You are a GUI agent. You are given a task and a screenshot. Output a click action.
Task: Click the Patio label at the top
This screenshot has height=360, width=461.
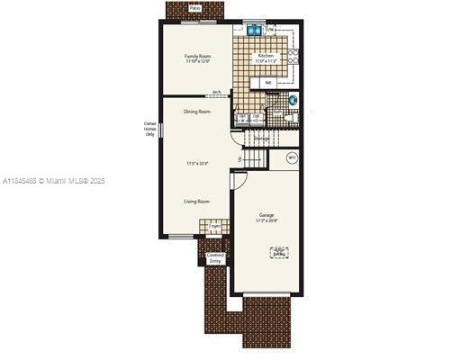[x=195, y=8]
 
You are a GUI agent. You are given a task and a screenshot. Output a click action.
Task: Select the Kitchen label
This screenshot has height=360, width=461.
[x=267, y=56]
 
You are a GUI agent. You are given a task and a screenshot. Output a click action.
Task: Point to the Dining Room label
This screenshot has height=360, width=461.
[x=197, y=112]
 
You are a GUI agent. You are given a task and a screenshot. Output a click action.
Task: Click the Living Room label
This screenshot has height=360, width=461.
[x=197, y=202]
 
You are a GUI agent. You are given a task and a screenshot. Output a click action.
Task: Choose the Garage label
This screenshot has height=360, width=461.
[x=267, y=215]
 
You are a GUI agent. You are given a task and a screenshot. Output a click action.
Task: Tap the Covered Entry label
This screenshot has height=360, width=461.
[x=215, y=257]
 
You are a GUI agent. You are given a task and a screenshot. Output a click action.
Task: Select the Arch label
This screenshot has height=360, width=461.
[x=217, y=92]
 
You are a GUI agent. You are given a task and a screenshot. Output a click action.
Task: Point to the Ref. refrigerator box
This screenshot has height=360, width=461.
[x=268, y=83]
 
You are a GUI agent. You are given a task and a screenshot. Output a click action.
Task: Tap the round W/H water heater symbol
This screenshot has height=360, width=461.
[x=292, y=158]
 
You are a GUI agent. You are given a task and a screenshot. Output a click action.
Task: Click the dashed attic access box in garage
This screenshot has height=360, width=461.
[x=279, y=253]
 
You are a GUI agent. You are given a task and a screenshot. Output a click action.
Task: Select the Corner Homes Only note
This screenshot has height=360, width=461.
[x=150, y=128]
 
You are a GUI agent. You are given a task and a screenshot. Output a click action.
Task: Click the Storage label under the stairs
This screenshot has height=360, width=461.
[x=262, y=139]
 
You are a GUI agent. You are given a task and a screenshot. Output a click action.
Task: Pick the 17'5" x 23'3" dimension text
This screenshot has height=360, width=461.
[x=197, y=163]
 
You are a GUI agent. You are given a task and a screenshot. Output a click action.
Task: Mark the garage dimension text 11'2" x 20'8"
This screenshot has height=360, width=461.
[x=267, y=220]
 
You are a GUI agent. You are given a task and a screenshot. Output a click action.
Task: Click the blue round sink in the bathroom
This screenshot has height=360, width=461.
[x=294, y=99]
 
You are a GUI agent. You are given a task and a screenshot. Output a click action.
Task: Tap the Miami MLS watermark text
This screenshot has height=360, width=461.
[x=54, y=181]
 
